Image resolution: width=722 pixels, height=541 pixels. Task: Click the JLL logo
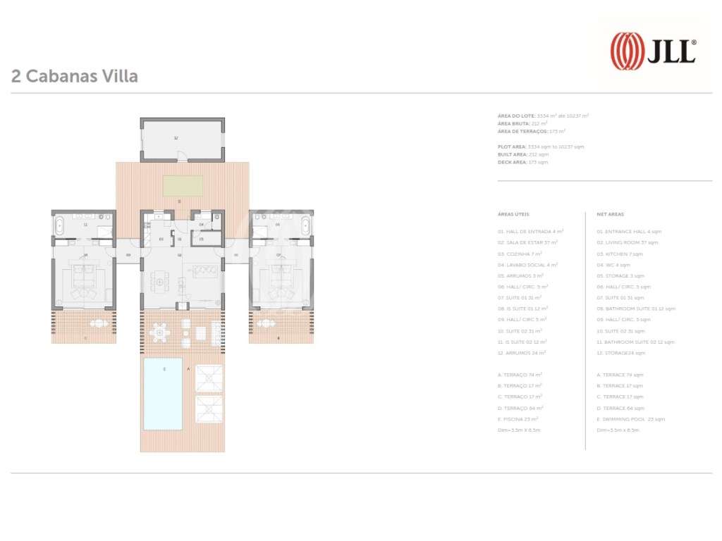[x=652, y=51]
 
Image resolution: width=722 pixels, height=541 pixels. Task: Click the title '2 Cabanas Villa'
[x=75, y=76]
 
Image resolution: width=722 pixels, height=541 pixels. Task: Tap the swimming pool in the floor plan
[x=163, y=393]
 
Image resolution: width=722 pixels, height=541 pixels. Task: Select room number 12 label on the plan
[x=176, y=138]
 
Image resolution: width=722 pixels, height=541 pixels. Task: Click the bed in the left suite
[x=85, y=282]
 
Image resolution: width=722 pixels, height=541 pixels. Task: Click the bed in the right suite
[x=280, y=282]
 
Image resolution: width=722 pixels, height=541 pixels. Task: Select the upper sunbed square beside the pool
[x=209, y=379]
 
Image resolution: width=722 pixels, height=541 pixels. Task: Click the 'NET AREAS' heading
[x=610, y=214]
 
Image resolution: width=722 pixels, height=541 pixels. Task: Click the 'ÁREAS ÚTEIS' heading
[x=513, y=214]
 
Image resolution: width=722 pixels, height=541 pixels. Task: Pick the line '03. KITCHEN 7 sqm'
[x=620, y=254]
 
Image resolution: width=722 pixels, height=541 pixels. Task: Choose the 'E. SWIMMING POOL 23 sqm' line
[x=631, y=419]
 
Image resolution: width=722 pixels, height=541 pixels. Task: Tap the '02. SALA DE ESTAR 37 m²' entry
[x=527, y=242]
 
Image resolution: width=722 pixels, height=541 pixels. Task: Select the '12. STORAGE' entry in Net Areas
[x=621, y=353]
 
